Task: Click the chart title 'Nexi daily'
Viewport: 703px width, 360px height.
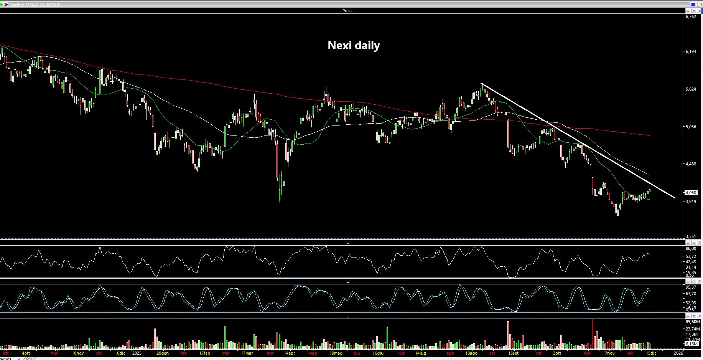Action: pos(354,45)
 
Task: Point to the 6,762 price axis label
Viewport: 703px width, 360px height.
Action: pos(690,17)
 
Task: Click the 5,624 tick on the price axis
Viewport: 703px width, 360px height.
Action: pos(690,89)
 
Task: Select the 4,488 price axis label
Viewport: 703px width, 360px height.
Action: pos(690,164)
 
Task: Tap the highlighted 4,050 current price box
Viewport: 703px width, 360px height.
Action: pos(690,193)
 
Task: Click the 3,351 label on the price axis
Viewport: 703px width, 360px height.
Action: pos(690,236)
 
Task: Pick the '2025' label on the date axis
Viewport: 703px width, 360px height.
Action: pos(137,353)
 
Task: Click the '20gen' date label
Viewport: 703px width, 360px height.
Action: pos(163,353)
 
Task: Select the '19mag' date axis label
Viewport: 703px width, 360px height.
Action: pos(336,353)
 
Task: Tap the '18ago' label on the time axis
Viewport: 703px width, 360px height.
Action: pos(471,353)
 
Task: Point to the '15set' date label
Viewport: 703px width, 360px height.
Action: pos(513,353)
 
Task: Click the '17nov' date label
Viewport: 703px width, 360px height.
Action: pos(608,353)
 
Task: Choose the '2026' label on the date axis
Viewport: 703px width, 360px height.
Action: pos(678,353)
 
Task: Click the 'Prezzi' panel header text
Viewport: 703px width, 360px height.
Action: pos(348,11)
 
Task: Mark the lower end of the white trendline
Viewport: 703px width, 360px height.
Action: pos(675,198)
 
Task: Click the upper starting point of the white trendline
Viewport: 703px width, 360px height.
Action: pos(482,83)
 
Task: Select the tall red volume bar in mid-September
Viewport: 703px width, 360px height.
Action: pos(508,334)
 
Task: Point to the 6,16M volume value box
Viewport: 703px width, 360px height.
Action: pos(691,344)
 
